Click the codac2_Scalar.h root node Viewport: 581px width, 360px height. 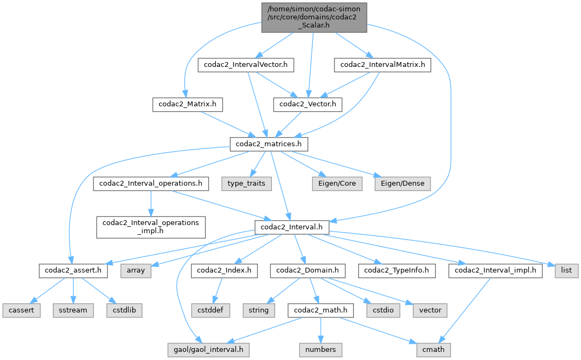coord(315,17)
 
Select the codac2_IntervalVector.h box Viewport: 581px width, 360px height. coord(246,65)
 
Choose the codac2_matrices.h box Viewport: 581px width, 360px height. coord(270,144)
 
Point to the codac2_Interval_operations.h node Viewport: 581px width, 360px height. coord(151,184)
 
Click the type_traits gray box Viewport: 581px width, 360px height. coord(246,184)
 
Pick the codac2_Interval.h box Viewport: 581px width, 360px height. coord(292,227)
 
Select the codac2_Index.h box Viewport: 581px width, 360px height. coord(223,270)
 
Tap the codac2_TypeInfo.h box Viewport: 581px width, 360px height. coord(399,270)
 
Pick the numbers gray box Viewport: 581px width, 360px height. coord(320,350)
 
